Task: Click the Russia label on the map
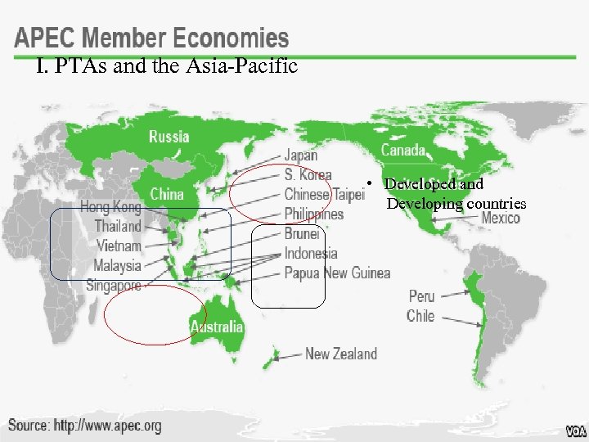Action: coord(169,137)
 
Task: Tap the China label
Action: coord(167,194)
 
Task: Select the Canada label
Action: coord(403,150)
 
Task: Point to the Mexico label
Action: coord(501,218)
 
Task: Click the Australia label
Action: coord(217,327)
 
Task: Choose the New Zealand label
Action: coord(341,354)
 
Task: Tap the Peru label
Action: coord(421,295)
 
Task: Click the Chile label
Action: coord(420,315)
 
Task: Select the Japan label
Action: coord(301,156)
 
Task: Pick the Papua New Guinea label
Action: coord(337,273)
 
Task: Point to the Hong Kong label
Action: coord(110,206)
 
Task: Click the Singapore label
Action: coord(114,286)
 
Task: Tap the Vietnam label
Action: coord(119,246)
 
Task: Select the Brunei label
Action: coord(302,233)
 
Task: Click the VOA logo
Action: coord(575,431)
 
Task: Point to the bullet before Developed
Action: coord(371,184)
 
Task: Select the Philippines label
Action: coord(313,214)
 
